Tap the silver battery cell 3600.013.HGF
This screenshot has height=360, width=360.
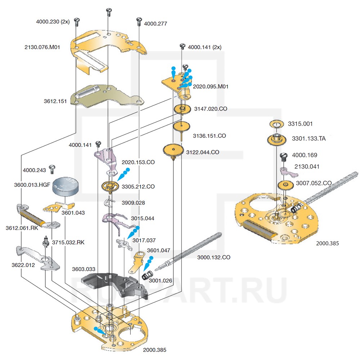(x=66, y=185)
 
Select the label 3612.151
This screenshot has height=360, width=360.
(x=55, y=102)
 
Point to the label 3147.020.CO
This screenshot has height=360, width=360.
(x=211, y=109)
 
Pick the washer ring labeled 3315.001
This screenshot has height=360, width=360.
(x=276, y=124)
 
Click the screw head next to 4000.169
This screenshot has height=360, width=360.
(x=283, y=156)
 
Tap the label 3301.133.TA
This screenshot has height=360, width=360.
(x=309, y=138)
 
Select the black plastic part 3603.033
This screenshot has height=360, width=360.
(x=115, y=284)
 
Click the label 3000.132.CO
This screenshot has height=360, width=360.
(x=214, y=257)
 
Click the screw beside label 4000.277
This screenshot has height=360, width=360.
(x=139, y=21)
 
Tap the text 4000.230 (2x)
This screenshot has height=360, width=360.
(x=53, y=21)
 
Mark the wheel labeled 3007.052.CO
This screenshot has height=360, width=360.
(x=285, y=186)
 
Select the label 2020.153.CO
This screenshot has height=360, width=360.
(x=138, y=162)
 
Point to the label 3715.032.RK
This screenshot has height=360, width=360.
(x=68, y=242)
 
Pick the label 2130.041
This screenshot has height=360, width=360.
(x=307, y=167)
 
